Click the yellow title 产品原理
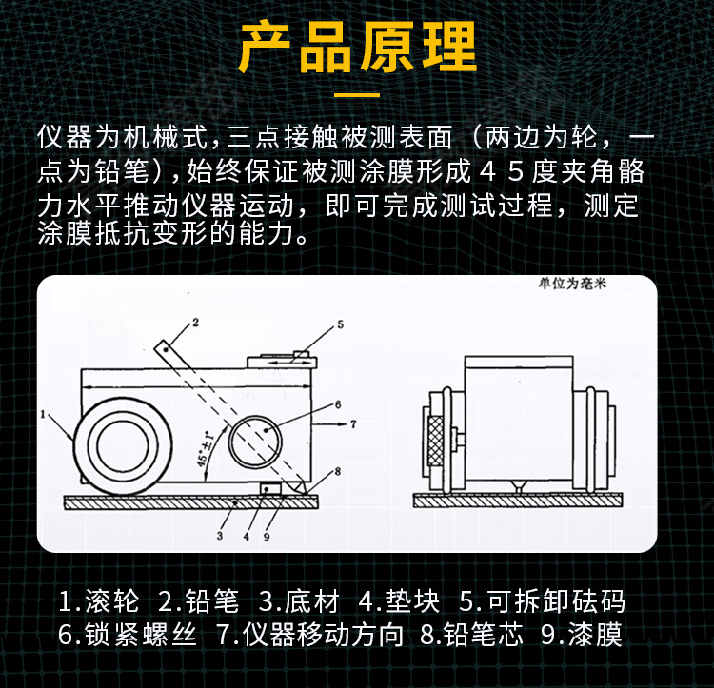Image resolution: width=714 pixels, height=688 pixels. pos(357,48)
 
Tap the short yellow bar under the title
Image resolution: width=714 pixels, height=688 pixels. pos(357,95)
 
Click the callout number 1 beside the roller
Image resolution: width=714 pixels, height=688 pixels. pos(45,414)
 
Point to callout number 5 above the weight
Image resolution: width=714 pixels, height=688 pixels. pos(339,324)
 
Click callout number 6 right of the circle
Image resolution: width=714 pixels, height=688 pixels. pos(337,403)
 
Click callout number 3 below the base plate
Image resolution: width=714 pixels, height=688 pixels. pos(220,536)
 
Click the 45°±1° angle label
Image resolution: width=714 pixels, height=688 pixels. pos(202,445)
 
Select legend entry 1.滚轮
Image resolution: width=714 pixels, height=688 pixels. pos(99,601)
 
